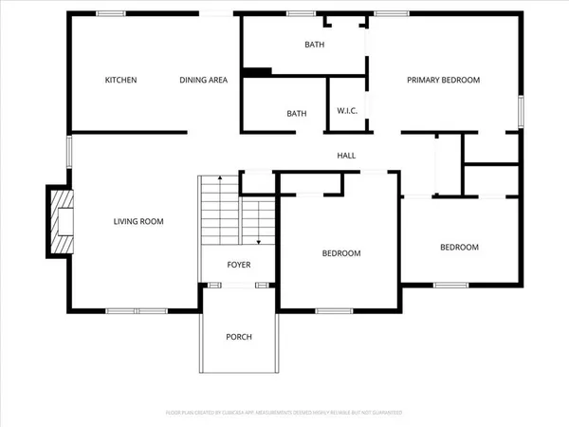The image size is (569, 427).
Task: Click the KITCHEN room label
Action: pyautogui.click(x=120, y=80)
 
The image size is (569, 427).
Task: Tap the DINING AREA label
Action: pyautogui.click(x=204, y=80)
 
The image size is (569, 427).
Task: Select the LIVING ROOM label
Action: pyautogui.click(x=138, y=222)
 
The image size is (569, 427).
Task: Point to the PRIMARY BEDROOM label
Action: pyautogui.click(x=444, y=80)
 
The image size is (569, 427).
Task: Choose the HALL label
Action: pyautogui.click(x=346, y=156)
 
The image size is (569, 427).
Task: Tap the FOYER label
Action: pyautogui.click(x=238, y=265)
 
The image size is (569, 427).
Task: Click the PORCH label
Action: pyautogui.click(x=238, y=338)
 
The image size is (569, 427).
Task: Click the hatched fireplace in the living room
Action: pyautogui.click(x=61, y=222)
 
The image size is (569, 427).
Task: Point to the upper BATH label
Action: pyautogui.click(x=314, y=46)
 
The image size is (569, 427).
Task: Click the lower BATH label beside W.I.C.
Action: pyautogui.click(x=297, y=114)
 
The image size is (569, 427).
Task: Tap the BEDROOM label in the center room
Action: pyautogui.click(x=341, y=253)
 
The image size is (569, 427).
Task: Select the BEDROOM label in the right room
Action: pyautogui.click(x=459, y=248)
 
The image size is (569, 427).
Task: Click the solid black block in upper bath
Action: pyautogui.click(x=257, y=71)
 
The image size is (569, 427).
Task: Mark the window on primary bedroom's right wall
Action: pyautogui.click(x=521, y=111)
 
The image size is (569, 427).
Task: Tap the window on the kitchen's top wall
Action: pyautogui.click(x=112, y=12)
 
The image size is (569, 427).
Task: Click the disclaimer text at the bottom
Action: pyautogui.click(x=284, y=414)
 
